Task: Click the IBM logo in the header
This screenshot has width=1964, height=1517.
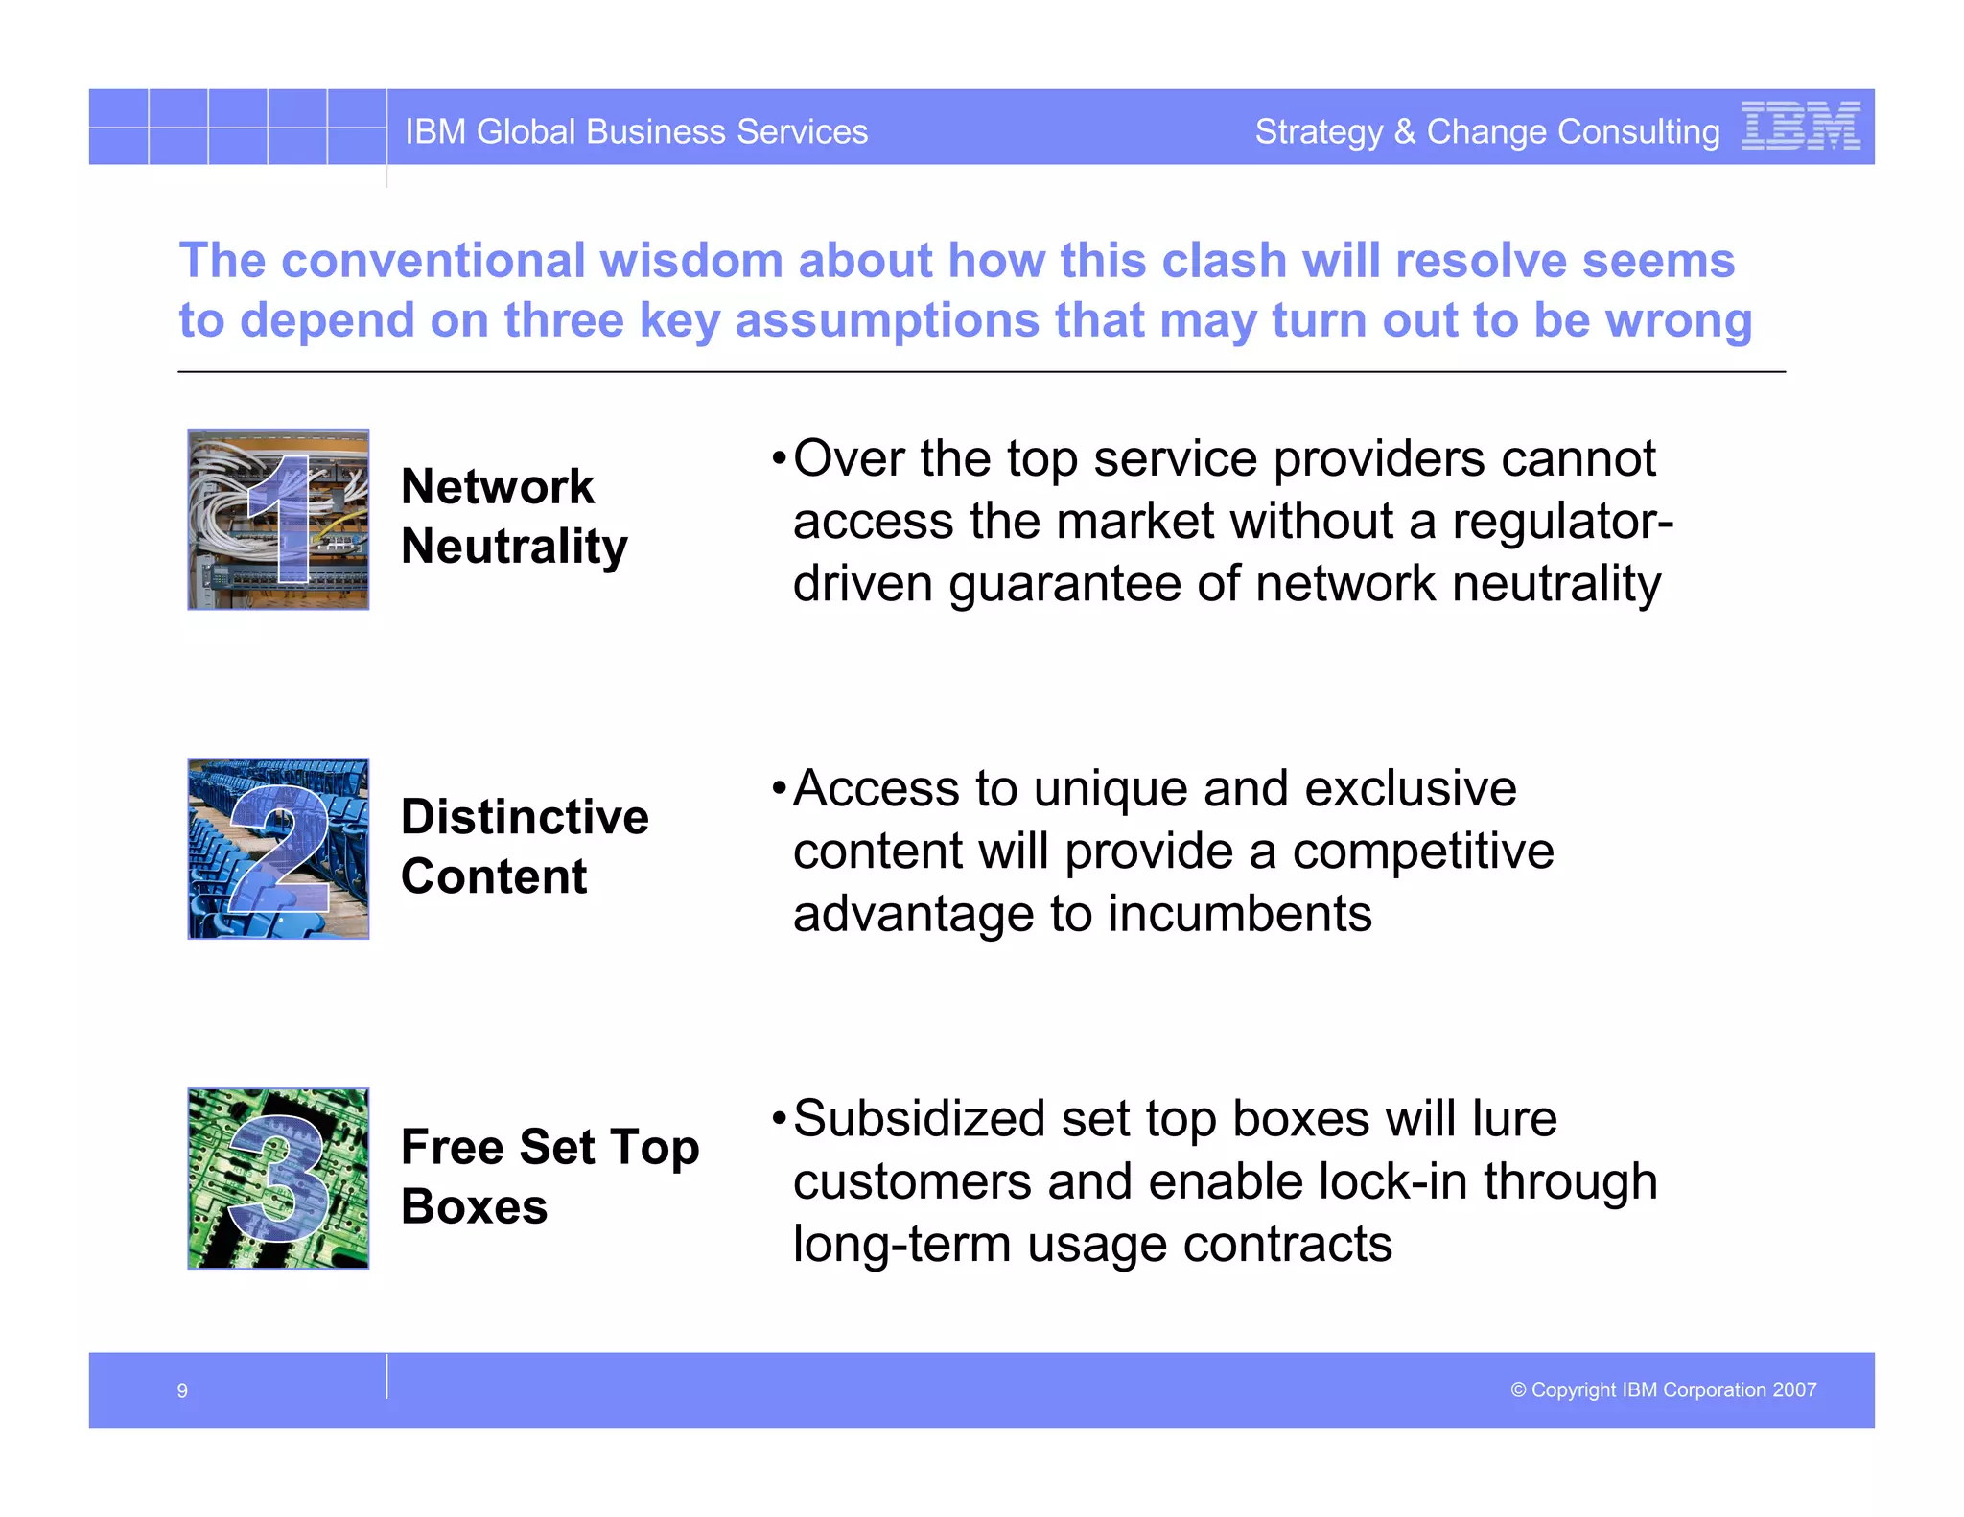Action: pyautogui.click(x=1800, y=126)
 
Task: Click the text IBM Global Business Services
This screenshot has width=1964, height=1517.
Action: pyautogui.click(x=636, y=131)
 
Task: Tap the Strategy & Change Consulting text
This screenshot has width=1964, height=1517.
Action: pyautogui.click(x=1486, y=131)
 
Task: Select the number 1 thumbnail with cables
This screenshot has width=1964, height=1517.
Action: pyautogui.click(x=278, y=519)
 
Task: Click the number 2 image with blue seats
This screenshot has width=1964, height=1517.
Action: pyautogui.click(x=278, y=849)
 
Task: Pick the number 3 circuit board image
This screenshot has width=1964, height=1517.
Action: pyautogui.click(x=278, y=1179)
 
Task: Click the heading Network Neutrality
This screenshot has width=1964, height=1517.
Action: pyautogui.click(x=513, y=516)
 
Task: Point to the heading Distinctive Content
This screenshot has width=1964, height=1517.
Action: pyautogui.click(x=524, y=846)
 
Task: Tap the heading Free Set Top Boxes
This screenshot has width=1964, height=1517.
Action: pyautogui.click(x=549, y=1176)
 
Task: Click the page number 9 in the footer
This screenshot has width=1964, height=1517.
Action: pyautogui.click(x=182, y=1390)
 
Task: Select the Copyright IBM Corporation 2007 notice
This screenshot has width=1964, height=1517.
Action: pyautogui.click(x=1663, y=1389)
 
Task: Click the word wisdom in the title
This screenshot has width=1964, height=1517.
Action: pyautogui.click(x=690, y=261)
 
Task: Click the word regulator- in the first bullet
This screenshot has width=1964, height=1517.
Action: pyautogui.click(x=1562, y=522)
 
